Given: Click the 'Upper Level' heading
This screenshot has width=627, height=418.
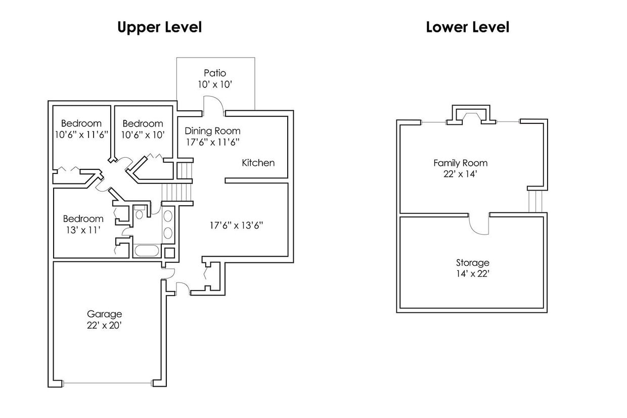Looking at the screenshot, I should [159, 27].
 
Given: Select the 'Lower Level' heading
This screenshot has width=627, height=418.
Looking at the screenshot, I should [467, 27].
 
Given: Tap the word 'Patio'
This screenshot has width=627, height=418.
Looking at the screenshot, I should [215, 73].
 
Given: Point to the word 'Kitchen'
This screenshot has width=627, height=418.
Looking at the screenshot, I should [258, 163].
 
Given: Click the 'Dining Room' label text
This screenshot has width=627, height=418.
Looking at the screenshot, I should [212, 131].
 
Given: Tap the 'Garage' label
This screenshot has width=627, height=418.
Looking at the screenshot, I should [104, 314].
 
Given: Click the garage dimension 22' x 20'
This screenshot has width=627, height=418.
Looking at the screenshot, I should [104, 326].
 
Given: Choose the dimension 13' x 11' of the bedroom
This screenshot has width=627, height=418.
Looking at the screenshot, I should [83, 230].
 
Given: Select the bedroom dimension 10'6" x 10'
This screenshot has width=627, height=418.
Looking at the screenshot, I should [143, 134].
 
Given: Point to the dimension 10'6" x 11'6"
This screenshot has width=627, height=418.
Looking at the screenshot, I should [81, 134].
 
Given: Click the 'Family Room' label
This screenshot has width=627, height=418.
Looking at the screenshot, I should [460, 163].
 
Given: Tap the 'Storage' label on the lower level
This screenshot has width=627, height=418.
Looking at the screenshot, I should [472, 263].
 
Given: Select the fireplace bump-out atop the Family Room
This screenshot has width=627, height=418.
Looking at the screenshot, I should [470, 114].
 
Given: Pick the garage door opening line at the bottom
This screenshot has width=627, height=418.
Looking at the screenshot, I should [107, 383].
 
